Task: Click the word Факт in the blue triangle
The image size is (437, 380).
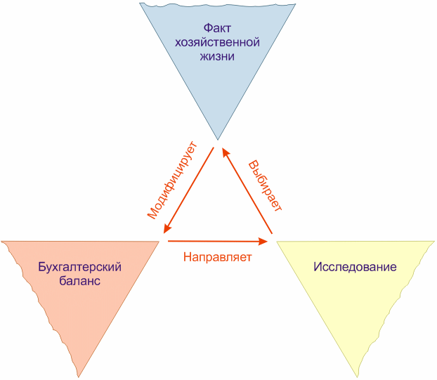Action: coord(217,28)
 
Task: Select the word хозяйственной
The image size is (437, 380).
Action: coord(217,42)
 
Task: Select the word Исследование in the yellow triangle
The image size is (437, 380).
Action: coord(355,267)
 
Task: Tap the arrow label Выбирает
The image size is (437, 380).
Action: coord(266,185)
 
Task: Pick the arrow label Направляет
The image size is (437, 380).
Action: coord(217,256)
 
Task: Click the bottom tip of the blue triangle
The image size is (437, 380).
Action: coord(217,139)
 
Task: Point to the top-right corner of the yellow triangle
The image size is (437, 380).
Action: coord(433,243)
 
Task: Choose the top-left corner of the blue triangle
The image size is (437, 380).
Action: coord(141,4)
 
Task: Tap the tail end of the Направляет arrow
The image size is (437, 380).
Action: coord(169,241)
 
